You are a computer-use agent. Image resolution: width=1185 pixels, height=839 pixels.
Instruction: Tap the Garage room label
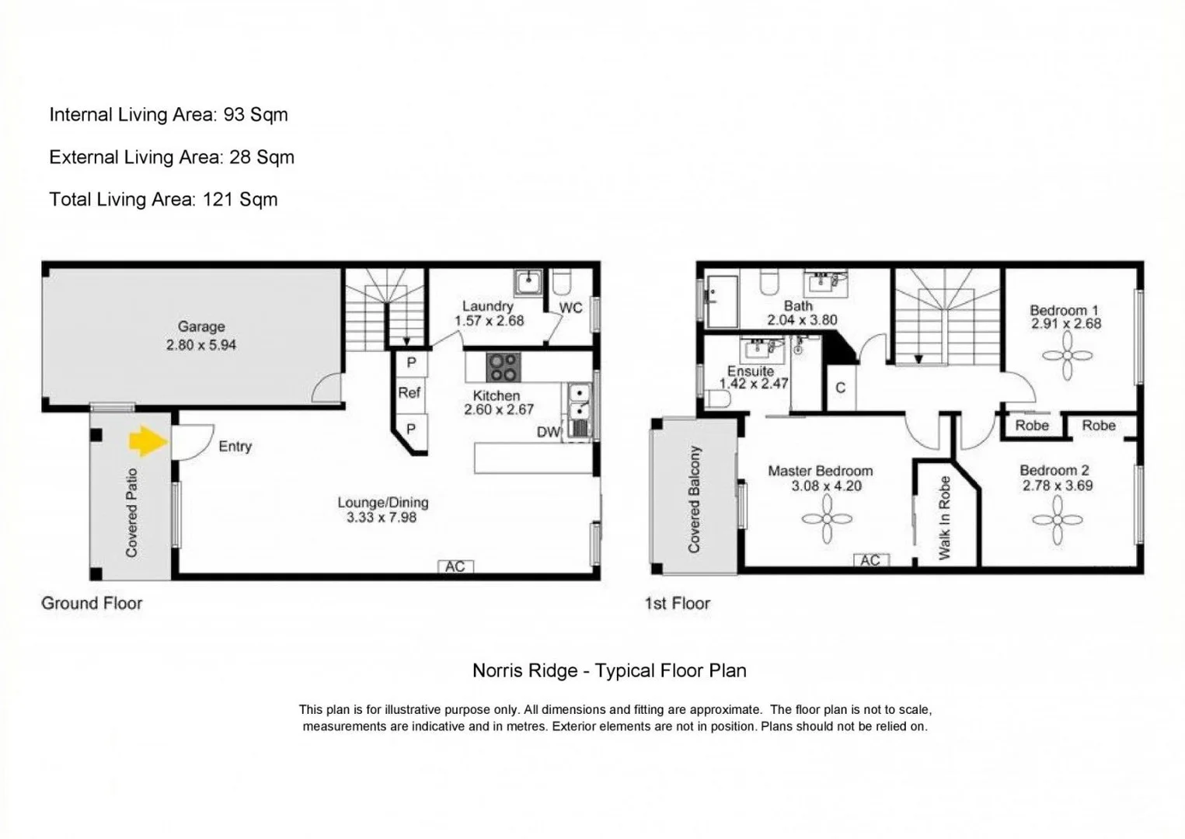[201, 327]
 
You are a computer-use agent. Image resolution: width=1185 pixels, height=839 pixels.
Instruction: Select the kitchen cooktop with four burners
[504, 367]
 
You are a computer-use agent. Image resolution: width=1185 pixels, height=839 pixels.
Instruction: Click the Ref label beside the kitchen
[410, 392]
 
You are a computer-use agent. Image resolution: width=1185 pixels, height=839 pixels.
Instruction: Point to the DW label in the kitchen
[548, 432]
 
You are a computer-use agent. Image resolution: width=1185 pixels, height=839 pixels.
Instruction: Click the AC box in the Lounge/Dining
[455, 566]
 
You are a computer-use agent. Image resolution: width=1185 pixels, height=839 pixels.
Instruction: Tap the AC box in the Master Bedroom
[870, 560]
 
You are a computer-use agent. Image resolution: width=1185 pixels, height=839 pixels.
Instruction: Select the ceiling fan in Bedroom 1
[1068, 356]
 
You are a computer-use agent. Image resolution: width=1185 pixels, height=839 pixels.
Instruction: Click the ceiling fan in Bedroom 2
[1057, 520]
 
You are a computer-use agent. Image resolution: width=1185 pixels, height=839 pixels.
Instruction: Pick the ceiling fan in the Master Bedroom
[827, 519]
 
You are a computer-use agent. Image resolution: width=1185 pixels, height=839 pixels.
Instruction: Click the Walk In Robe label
[945, 518]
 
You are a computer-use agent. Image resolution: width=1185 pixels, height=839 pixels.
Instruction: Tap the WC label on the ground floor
[570, 308]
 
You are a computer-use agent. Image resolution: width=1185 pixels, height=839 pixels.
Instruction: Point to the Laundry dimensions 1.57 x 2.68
[489, 321]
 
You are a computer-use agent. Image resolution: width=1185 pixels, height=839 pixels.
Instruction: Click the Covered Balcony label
[694, 500]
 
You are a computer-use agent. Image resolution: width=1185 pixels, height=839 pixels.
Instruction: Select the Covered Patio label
[131, 512]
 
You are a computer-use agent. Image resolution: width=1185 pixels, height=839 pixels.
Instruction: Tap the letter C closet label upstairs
[840, 388]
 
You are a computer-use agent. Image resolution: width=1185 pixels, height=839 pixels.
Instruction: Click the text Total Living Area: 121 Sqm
[163, 200]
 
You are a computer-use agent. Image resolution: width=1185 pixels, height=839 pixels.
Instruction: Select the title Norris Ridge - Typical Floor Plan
[609, 670]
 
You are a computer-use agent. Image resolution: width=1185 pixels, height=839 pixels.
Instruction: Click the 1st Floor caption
[677, 604]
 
